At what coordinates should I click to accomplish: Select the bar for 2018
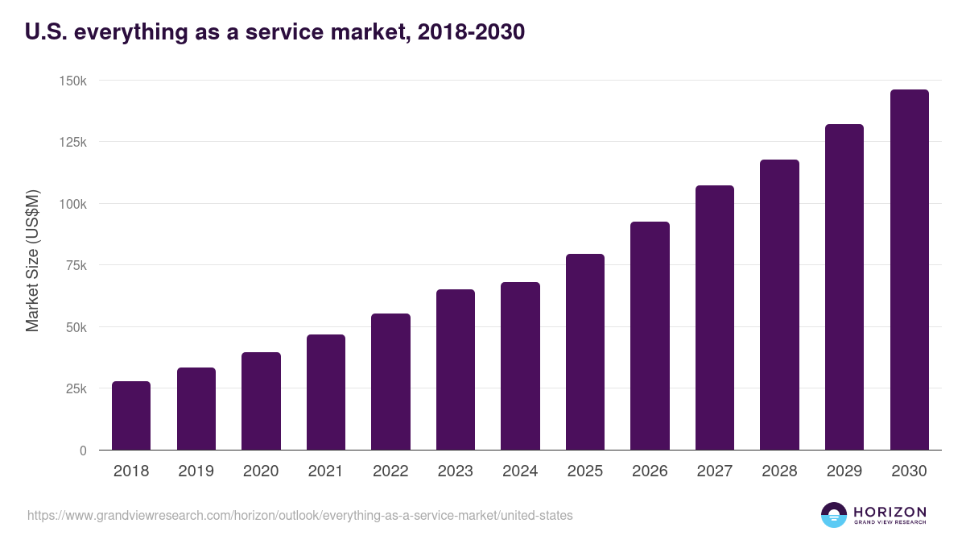click(131, 416)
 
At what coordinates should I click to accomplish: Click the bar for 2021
click(326, 392)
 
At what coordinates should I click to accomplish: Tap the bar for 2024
click(520, 366)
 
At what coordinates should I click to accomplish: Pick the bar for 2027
click(715, 318)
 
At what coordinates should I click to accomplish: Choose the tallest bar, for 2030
click(909, 270)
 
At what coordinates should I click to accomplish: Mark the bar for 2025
click(585, 352)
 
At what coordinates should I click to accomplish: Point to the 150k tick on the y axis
click(72, 81)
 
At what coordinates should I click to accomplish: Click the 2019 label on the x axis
click(196, 471)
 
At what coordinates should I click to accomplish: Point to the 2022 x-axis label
click(390, 471)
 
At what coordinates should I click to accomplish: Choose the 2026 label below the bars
click(650, 471)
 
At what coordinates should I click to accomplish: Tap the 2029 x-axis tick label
click(844, 471)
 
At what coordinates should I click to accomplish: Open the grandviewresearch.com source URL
click(300, 515)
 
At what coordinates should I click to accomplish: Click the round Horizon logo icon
click(834, 515)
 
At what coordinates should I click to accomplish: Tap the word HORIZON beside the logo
click(890, 512)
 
